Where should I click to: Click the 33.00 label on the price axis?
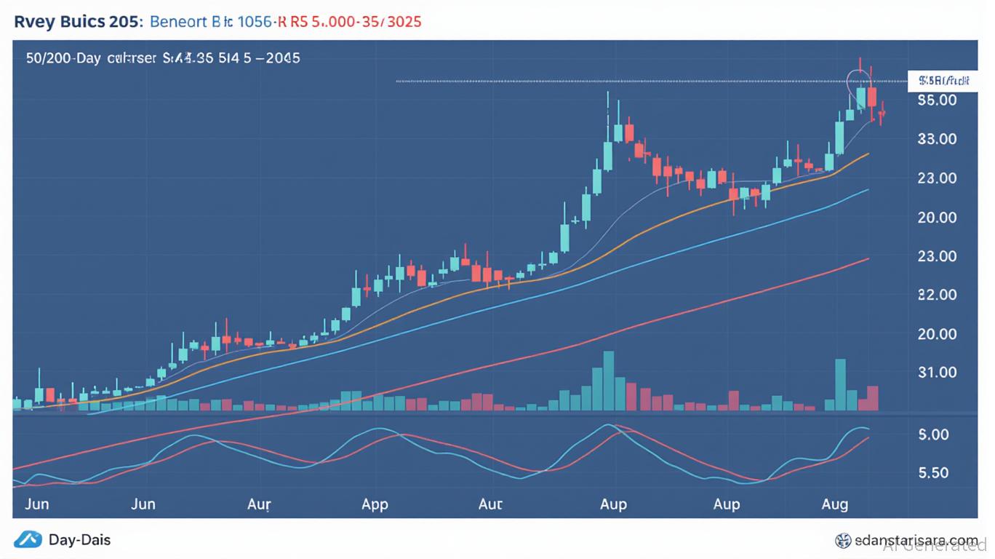(x=937, y=138)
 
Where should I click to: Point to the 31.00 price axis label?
(x=937, y=373)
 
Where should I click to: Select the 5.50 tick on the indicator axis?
(x=935, y=472)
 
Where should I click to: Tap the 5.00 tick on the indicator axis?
(x=935, y=435)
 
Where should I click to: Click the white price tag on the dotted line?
(x=943, y=81)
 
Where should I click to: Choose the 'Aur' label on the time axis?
(x=259, y=504)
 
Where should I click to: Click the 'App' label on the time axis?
(x=375, y=504)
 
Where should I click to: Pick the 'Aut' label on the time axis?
(x=491, y=504)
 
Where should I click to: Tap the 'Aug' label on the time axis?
(x=834, y=504)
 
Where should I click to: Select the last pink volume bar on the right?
(x=873, y=398)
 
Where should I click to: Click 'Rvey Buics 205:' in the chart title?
(x=76, y=21)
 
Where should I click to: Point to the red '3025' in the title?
(x=404, y=21)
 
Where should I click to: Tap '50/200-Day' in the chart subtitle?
(x=63, y=58)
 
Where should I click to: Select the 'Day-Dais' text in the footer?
(x=79, y=540)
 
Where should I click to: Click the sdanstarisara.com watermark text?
(x=916, y=541)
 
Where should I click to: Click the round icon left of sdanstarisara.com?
(x=844, y=541)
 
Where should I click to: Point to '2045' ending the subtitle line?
(x=283, y=58)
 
